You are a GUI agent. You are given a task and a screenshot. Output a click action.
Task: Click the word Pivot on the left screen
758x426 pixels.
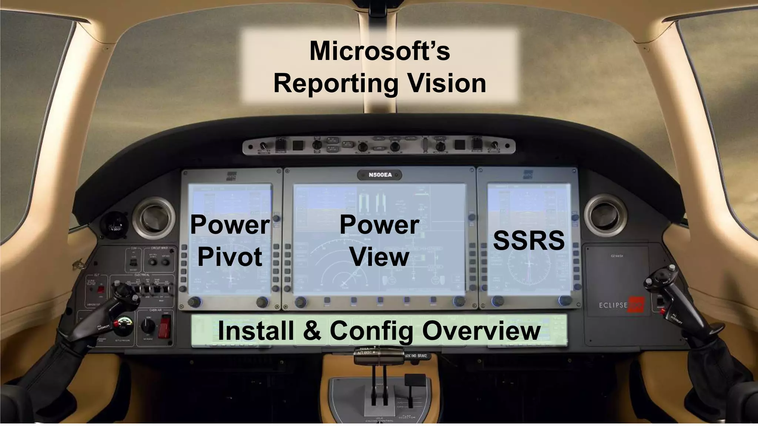230,257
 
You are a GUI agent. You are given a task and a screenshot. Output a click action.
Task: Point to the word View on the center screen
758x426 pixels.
380,257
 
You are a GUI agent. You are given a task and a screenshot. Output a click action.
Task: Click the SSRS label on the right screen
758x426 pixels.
529,241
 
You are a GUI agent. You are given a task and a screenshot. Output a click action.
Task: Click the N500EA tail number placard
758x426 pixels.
380,175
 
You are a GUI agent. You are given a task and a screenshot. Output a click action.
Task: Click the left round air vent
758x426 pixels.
154,218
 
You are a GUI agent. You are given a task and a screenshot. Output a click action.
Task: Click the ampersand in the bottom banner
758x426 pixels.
312,331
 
